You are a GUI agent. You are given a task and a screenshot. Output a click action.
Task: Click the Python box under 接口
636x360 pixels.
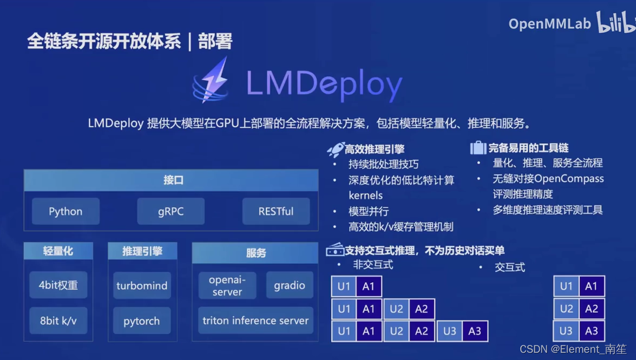[x=66, y=212]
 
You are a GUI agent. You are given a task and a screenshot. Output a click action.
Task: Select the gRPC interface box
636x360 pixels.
[x=171, y=212]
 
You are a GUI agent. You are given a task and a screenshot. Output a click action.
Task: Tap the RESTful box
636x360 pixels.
[x=276, y=212]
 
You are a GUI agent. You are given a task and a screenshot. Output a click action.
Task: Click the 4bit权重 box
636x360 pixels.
[x=58, y=286]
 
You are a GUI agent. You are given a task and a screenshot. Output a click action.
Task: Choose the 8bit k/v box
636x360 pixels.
[x=58, y=321]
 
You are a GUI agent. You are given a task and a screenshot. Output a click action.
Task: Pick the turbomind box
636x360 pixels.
[x=142, y=286]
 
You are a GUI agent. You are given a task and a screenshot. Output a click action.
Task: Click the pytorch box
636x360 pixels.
[x=142, y=321]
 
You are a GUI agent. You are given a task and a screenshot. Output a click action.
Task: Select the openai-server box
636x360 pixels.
[x=227, y=286]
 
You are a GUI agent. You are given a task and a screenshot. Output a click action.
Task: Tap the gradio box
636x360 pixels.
[x=290, y=286]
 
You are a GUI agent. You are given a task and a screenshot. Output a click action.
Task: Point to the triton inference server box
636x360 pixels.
[x=256, y=321]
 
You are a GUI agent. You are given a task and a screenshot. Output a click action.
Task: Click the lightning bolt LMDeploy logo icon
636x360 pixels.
[x=212, y=81]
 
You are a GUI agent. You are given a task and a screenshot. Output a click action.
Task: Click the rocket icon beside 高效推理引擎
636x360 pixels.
[x=335, y=149]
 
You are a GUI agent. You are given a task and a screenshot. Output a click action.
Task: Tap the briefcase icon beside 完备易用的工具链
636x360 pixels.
[x=478, y=148]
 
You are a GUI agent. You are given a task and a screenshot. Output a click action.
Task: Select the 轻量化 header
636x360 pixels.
[x=58, y=251]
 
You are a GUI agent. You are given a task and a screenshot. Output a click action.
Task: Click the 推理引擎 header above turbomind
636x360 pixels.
[x=142, y=251]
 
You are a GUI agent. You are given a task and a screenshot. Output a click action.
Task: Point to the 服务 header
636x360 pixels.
[x=256, y=253]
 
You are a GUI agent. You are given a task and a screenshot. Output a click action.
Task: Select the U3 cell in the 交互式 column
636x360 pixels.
[x=566, y=331]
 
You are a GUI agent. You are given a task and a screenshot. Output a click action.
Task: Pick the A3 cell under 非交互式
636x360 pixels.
[x=474, y=331]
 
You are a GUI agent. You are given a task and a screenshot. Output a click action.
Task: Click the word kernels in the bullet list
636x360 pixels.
[x=366, y=196]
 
